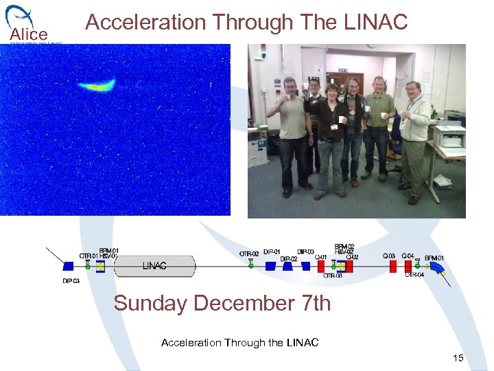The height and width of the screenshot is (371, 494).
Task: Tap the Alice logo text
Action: [28, 34]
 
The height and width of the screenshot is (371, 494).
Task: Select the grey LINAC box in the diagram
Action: [155, 265]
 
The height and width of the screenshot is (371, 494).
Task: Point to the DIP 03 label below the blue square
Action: [71, 280]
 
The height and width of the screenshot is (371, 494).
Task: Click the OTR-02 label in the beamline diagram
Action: [249, 254]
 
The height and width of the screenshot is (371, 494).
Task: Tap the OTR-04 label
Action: [414, 275]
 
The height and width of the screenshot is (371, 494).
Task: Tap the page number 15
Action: [458, 358]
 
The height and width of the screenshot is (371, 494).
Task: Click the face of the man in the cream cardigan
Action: [413, 90]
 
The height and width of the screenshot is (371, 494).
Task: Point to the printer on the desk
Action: [449, 135]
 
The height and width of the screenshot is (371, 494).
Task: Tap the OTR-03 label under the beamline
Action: [332, 276]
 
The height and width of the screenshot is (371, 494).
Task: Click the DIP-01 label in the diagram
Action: [272, 251]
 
